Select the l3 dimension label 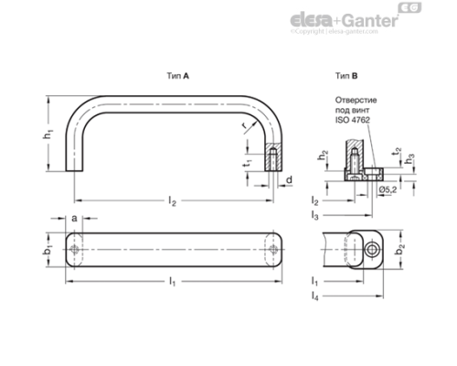pyautogui.click(x=314, y=215)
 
